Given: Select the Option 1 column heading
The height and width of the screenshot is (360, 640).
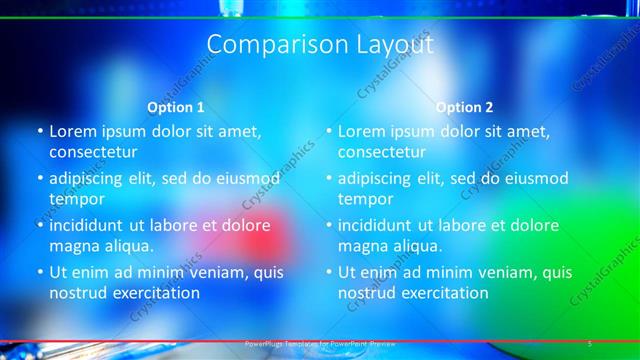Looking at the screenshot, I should (176, 107).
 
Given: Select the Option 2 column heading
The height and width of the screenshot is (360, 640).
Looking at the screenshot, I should (464, 107).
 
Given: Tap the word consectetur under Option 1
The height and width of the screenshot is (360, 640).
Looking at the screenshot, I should (93, 152).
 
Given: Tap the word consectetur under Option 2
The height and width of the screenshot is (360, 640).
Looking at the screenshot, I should (382, 152).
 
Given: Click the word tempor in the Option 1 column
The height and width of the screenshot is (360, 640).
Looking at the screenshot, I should (76, 199).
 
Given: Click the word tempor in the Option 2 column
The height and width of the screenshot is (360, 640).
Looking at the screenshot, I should (365, 199).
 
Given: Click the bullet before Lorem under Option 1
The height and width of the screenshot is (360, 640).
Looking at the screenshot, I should (40, 131).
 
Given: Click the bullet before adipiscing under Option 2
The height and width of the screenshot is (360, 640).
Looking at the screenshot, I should (329, 178).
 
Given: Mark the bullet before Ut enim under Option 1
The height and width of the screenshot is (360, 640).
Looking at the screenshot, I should (40, 272).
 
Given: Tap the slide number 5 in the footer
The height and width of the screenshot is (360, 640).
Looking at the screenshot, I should (590, 343).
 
